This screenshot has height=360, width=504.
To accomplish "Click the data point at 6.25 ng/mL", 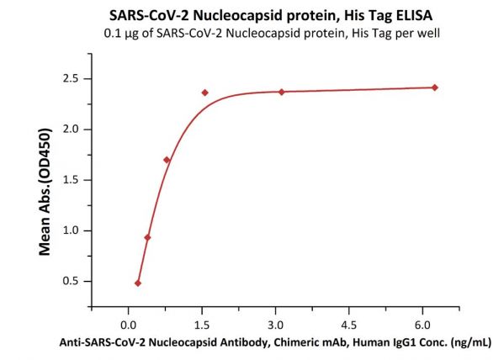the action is click(x=434, y=87).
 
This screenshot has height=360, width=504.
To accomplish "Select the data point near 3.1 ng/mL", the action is click(x=282, y=92).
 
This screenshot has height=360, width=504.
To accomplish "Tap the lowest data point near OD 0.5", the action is click(x=138, y=283).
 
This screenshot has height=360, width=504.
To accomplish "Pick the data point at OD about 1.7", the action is click(x=167, y=160).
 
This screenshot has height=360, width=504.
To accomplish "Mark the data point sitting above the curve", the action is click(x=204, y=93).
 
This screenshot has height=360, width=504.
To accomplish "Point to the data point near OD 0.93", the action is click(x=147, y=237).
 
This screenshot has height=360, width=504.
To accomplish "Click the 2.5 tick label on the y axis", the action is click(x=71, y=79).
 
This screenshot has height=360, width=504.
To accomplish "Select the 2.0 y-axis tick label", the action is click(x=71, y=130).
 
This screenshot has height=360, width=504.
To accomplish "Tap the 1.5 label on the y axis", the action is click(x=71, y=180).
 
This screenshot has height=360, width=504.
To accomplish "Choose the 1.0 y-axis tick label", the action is click(x=71, y=230).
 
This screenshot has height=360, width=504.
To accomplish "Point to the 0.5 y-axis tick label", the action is click(x=71, y=281).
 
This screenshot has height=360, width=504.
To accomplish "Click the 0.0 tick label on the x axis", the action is click(x=128, y=326).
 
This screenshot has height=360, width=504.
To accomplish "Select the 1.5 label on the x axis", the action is click(x=202, y=326).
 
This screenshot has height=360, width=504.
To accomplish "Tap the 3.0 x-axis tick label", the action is click(x=275, y=326).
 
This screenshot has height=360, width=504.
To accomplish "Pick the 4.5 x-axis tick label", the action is click(x=349, y=326).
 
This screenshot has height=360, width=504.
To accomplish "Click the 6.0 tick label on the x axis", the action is click(x=422, y=326).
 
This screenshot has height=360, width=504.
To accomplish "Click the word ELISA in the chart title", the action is click(x=414, y=15).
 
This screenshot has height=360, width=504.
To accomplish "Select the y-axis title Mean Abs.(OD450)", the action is click(x=45, y=192).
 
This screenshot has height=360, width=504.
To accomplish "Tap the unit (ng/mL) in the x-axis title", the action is click(x=471, y=343).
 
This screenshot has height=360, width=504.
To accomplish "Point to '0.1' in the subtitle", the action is click(x=111, y=33).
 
